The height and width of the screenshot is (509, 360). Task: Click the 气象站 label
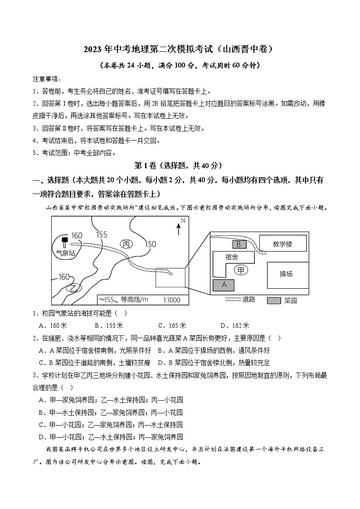[x=65, y=253]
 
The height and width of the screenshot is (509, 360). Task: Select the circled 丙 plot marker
[x=126, y=244]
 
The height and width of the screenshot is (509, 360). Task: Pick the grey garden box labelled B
[x=239, y=244]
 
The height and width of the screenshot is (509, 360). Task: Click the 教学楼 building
[x=282, y=244]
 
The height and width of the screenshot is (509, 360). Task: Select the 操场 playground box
[x=286, y=274]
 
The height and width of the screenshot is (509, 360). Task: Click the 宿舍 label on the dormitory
[x=231, y=257]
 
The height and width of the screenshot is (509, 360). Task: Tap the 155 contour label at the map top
[x=102, y=234]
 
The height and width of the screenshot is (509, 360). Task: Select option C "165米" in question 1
[x=172, y=325]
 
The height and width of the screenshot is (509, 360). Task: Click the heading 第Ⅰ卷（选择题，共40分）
[x=180, y=166]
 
